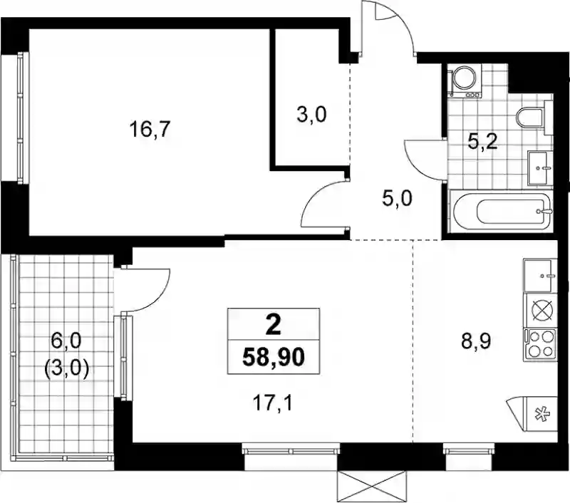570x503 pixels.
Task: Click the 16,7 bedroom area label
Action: click(x=150, y=130)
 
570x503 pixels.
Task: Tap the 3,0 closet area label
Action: click(x=311, y=115)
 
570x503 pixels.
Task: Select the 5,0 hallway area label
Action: click(x=397, y=199)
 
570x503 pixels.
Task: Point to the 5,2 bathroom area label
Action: click(x=482, y=142)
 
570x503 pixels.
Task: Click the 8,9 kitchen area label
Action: click(x=476, y=341)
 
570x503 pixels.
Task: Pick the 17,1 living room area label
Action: click(x=273, y=403)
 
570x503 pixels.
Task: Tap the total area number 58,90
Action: click(x=274, y=358)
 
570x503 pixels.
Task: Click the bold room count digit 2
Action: click(x=274, y=325)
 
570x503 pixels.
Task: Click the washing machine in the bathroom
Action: click(x=465, y=81)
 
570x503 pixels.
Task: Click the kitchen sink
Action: click(x=540, y=276)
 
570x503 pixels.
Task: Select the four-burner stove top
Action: click(x=540, y=345)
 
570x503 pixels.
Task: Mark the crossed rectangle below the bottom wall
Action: click(x=371, y=487)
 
